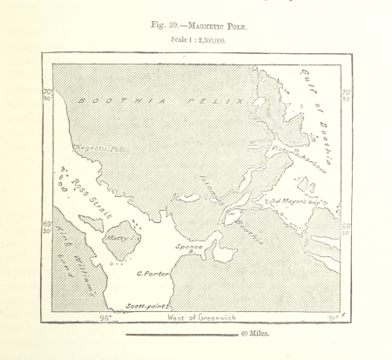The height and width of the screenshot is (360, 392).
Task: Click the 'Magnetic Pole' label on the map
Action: pyautogui.click(x=99, y=149)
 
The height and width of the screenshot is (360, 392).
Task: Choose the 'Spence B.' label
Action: pyautogui.click(x=190, y=247)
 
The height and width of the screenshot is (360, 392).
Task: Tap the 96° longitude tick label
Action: pyautogui.click(x=105, y=317)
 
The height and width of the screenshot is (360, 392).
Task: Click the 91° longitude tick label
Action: pyautogui.click(x=330, y=317)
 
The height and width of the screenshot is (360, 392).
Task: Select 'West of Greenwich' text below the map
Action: pyautogui.click(x=201, y=317)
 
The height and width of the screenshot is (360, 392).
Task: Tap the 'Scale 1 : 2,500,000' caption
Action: pyautogui.click(x=199, y=41)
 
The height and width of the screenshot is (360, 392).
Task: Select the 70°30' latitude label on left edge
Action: pyautogui.click(x=47, y=94)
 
